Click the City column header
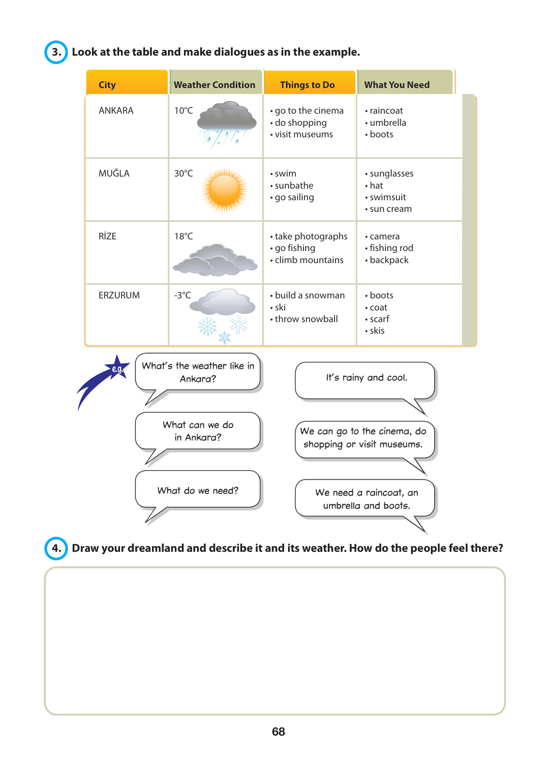pos(107,85)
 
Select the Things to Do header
pos(307,85)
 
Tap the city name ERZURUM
pos(119,295)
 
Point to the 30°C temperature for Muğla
pos(183,173)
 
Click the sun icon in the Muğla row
pos(225,190)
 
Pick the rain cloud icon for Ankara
pos(226,123)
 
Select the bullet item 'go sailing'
pos(294,197)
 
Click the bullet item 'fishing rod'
pos(391,248)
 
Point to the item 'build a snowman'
pos(310,295)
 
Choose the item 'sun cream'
pos(391,209)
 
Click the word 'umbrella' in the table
pos(388,122)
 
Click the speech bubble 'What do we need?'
pos(198,490)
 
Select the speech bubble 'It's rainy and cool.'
pos(366,378)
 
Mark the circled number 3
pos(56,52)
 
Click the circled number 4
pos(56,548)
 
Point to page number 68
pos(278,731)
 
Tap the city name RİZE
pos(107,236)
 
